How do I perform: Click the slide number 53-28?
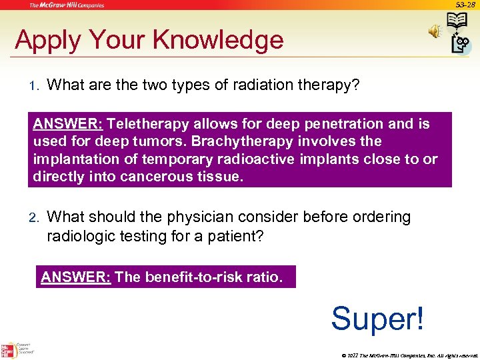tap(465, 5)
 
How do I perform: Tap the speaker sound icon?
tap(435, 31)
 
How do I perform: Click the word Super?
tap(377, 318)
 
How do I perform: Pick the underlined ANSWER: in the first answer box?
tap(67, 124)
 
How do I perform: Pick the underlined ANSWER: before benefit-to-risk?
tap(75, 277)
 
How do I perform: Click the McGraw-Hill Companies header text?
tap(65, 5)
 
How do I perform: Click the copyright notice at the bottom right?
tap(409, 355)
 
